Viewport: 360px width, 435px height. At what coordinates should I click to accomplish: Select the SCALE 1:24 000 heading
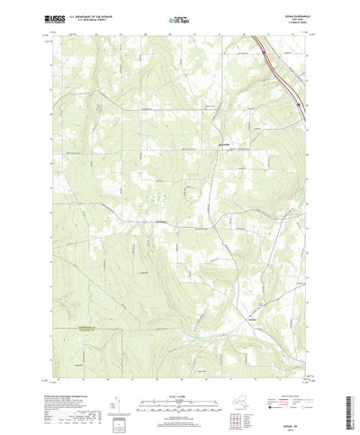[175, 369]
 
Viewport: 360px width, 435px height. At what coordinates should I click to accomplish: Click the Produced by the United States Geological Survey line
[63, 370]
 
